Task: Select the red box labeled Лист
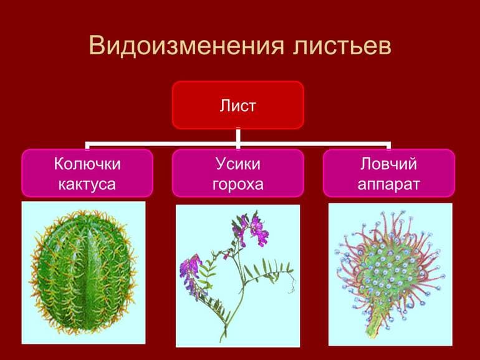[238, 105]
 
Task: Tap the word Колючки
[87, 164]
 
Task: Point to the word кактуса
[87, 184]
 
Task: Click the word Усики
[238, 164]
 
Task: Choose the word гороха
[238, 184]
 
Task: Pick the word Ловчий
[388, 164]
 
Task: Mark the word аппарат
[388, 184]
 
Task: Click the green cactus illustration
[84, 272]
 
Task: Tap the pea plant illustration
[238, 275]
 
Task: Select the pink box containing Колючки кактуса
[87, 173]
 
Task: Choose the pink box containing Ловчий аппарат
[388, 173]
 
